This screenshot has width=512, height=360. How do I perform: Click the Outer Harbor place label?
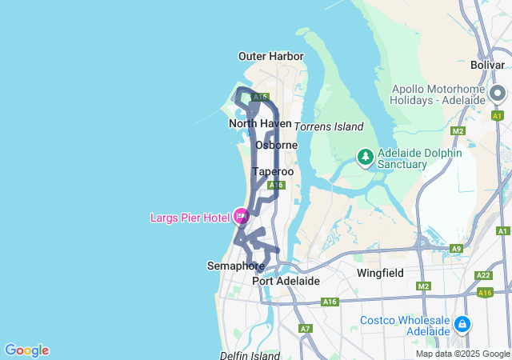click(271, 56)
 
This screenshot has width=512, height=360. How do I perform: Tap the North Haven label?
click(260, 123)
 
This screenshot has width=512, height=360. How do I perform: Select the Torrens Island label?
click(329, 126)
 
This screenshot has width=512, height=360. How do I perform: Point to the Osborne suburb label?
click(276, 145)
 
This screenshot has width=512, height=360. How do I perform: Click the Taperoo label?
click(273, 171)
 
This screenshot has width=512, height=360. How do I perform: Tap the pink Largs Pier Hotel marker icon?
click(241, 214)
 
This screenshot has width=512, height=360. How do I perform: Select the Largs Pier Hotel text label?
click(190, 217)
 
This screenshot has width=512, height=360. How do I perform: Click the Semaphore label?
click(235, 266)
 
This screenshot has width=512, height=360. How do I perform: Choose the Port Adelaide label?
click(286, 281)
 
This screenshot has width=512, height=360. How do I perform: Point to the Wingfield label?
click(380, 273)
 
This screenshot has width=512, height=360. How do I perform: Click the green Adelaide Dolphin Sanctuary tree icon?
click(366, 157)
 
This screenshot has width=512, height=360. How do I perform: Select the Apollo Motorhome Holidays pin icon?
click(498, 96)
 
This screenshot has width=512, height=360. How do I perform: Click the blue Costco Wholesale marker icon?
click(462, 324)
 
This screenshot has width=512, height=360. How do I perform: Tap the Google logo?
click(26, 350)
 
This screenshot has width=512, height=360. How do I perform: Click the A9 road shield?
click(457, 249)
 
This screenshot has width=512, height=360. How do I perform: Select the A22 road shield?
click(482, 275)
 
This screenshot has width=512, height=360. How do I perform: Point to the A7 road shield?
click(305, 328)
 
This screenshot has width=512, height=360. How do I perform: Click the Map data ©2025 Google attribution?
click(463, 354)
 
